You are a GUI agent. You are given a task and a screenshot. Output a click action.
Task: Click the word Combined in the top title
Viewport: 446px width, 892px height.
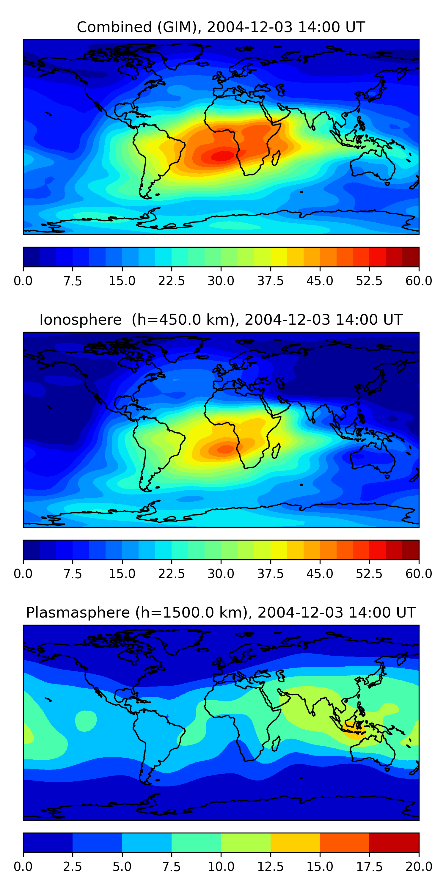pos(114,27)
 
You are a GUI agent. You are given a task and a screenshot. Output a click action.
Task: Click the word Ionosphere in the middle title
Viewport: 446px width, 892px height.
pos(80,320)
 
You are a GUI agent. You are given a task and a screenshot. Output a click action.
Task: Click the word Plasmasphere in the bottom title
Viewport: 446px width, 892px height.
pos(78,613)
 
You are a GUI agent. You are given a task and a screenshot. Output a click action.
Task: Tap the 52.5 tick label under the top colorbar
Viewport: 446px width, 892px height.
pos(369,281)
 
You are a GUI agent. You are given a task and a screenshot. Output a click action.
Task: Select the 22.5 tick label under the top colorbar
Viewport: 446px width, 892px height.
pos(171,281)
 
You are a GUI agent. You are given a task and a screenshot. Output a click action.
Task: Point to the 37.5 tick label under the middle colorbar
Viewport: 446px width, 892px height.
pos(270,574)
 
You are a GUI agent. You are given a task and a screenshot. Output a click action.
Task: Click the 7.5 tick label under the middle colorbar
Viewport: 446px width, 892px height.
pos(72,574)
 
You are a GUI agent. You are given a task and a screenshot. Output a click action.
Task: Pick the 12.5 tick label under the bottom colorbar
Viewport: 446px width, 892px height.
pos(270,867)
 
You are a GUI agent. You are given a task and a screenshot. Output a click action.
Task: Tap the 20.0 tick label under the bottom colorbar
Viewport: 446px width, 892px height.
pos(419,867)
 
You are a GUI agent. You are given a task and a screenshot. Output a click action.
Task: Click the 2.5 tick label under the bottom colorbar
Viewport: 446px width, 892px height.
pos(72,867)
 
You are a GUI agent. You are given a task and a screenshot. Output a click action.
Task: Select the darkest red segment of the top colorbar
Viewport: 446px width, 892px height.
pos(411,257)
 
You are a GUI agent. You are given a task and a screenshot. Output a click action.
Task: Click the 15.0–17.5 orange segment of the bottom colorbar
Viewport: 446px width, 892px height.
pos(345,842)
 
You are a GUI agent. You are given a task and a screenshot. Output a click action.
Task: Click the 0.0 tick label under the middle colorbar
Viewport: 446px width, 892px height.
pos(23,574)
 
